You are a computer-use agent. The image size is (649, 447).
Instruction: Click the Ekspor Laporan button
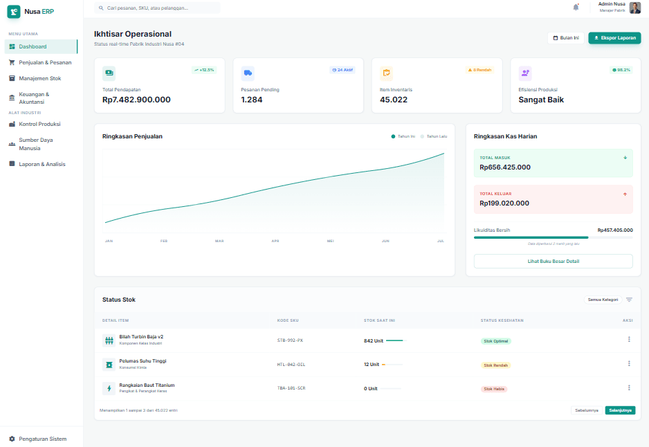pyautogui.click(x=614, y=38)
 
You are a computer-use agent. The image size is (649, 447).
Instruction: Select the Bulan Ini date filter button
pyautogui.click(x=566, y=38)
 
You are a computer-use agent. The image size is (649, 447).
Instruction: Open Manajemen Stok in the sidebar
pyautogui.click(x=40, y=78)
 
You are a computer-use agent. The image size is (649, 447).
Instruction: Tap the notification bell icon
pyautogui.click(x=576, y=7)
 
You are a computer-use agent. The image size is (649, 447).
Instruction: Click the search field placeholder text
pyautogui.click(x=147, y=8)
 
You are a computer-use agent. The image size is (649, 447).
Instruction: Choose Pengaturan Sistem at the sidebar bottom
pyautogui.click(x=43, y=439)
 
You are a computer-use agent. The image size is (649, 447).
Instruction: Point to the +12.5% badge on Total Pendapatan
pyautogui.click(x=204, y=70)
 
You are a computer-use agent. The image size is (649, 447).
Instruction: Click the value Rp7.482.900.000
pyautogui.click(x=136, y=100)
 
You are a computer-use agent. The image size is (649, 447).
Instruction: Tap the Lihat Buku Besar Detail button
pyautogui.click(x=553, y=261)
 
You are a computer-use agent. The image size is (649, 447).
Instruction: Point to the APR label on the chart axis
pyautogui.click(x=275, y=241)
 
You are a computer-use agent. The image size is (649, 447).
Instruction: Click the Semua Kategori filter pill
pyautogui.click(x=602, y=300)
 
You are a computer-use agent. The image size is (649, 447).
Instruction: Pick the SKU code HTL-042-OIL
pyautogui.click(x=291, y=364)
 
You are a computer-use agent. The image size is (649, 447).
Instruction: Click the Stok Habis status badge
pyautogui.click(x=494, y=389)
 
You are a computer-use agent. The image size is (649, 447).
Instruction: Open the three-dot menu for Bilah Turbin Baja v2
pyautogui.click(x=629, y=339)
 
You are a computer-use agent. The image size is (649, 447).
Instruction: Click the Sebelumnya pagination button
pyautogui.click(x=586, y=410)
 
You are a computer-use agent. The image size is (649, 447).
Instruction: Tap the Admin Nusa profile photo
pyautogui.click(x=634, y=8)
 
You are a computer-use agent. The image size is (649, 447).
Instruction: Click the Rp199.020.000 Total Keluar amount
pyautogui.click(x=504, y=203)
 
